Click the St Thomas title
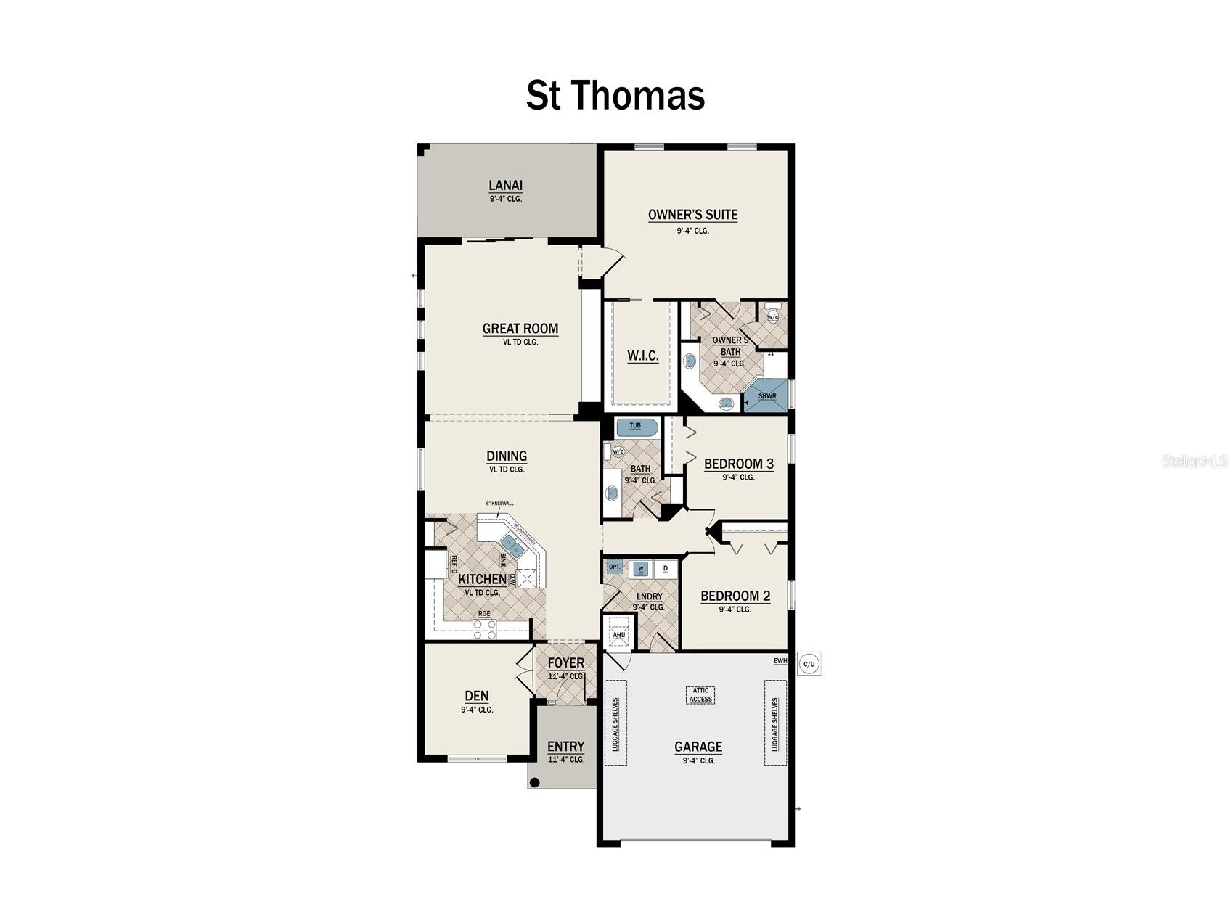[615, 96]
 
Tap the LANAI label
[505, 186]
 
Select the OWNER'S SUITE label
[692, 215]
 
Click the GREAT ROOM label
[520, 329]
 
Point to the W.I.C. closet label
[642, 356]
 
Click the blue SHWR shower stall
[766, 395]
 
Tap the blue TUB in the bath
[637, 427]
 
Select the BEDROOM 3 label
[738, 464]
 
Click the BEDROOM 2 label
[735, 596]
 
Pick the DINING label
[507, 456]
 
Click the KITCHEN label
[482, 579]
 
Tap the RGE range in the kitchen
[484, 628]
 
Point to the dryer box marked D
[666, 568]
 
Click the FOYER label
[565, 663]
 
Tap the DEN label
[476, 696]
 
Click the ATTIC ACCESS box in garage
[700, 694]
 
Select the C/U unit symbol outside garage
[809, 664]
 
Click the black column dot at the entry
[535, 782]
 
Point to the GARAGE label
[698, 747]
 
